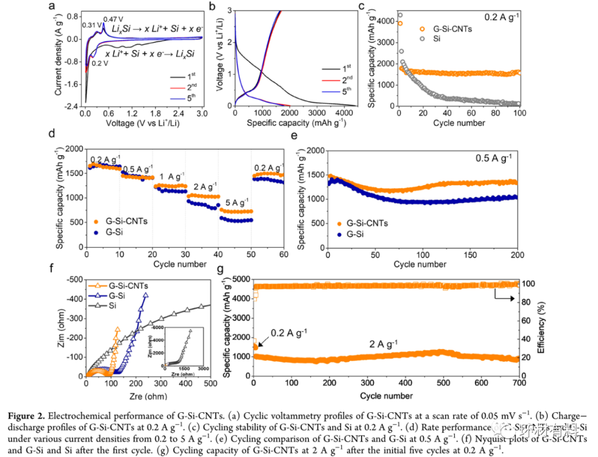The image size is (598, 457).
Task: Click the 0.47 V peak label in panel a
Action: pos(113,19)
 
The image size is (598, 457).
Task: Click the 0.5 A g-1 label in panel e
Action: pos(492,157)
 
